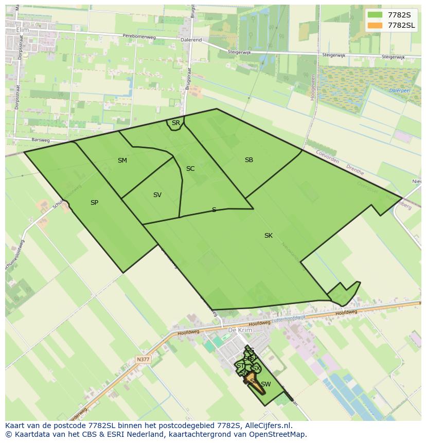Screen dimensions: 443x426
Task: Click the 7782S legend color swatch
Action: pyautogui.click(x=375, y=14)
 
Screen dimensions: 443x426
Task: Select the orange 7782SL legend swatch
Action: pyautogui.click(x=375, y=25)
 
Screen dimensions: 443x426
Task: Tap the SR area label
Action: pyautogui.click(x=176, y=123)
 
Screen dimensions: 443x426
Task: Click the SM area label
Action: pyautogui.click(x=122, y=161)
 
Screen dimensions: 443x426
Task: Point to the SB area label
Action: pyautogui.click(x=249, y=160)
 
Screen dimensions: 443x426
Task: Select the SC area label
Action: pyautogui.click(x=190, y=169)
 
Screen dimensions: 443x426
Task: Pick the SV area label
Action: pyautogui.click(x=157, y=195)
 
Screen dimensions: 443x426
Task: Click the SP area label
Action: pyautogui.click(x=94, y=203)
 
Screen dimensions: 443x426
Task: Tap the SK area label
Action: pyautogui.click(x=269, y=236)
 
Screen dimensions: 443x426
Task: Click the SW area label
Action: pyautogui.click(x=266, y=384)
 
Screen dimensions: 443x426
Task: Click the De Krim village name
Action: pyautogui.click(x=239, y=330)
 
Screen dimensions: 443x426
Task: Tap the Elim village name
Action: pyautogui.click(x=23, y=30)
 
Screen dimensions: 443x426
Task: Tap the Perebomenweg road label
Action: pyautogui.click(x=139, y=36)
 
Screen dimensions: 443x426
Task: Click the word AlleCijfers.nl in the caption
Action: pyautogui.click(x=269, y=426)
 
